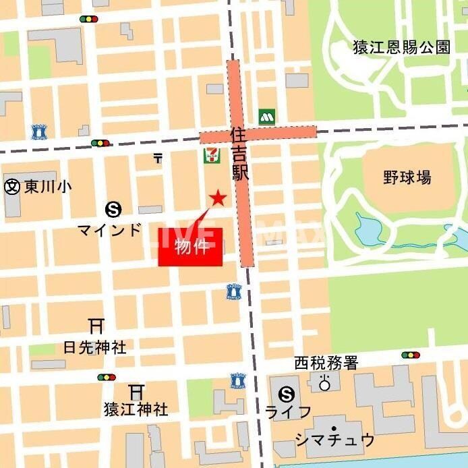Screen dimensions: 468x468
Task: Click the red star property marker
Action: pos(217,198)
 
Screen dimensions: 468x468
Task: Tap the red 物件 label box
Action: pos(190,247)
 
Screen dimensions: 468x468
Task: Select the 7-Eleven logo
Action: pos(212,154)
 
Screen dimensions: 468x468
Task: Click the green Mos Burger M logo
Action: pos(268,116)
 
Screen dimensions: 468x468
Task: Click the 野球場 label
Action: pos(407,177)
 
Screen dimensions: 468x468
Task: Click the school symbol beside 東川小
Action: pos(12,187)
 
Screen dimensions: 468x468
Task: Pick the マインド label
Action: pos(110,229)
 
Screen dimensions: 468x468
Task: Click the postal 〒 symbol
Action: pos(158,158)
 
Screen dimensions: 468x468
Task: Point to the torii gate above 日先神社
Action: pos(96,327)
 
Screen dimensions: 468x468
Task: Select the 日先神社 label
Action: pos(94,348)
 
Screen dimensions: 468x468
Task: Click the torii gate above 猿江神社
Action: pos(137,391)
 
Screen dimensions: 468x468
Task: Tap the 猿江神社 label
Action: pos(136,409)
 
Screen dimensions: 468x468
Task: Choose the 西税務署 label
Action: pos(326,363)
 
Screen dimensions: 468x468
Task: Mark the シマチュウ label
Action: pos(334,440)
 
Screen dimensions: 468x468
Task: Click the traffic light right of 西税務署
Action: pos(410,355)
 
